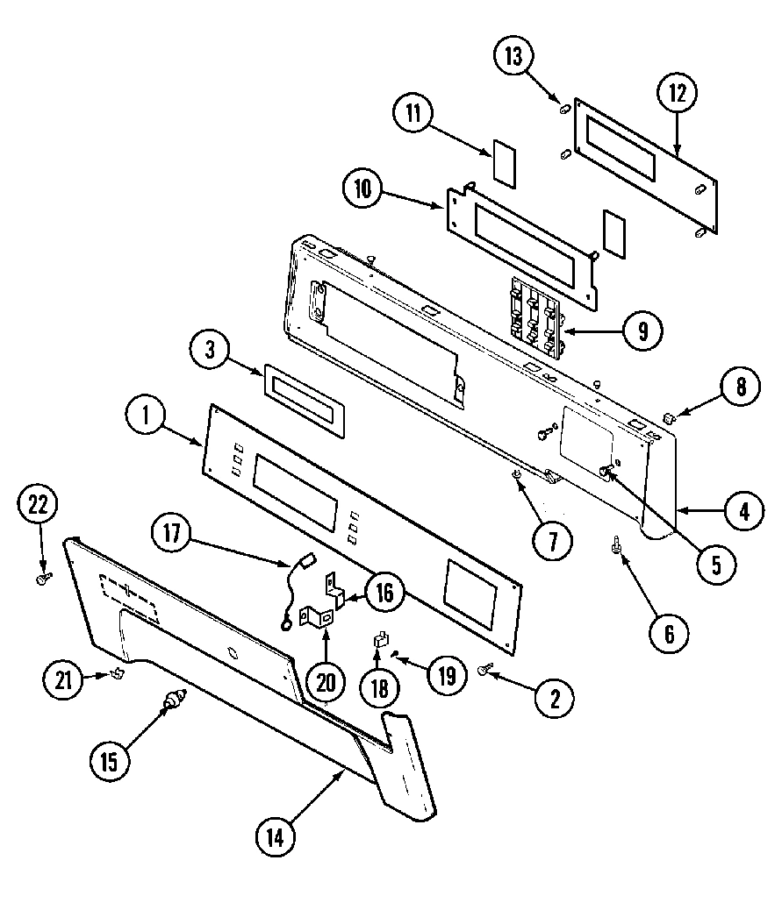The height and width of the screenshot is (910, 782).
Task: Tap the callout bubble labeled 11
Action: (x=413, y=112)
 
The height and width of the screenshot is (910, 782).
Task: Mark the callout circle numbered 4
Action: (x=743, y=510)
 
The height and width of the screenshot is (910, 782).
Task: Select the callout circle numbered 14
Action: (x=276, y=836)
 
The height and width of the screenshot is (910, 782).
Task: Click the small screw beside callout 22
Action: (x=42, y=578)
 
